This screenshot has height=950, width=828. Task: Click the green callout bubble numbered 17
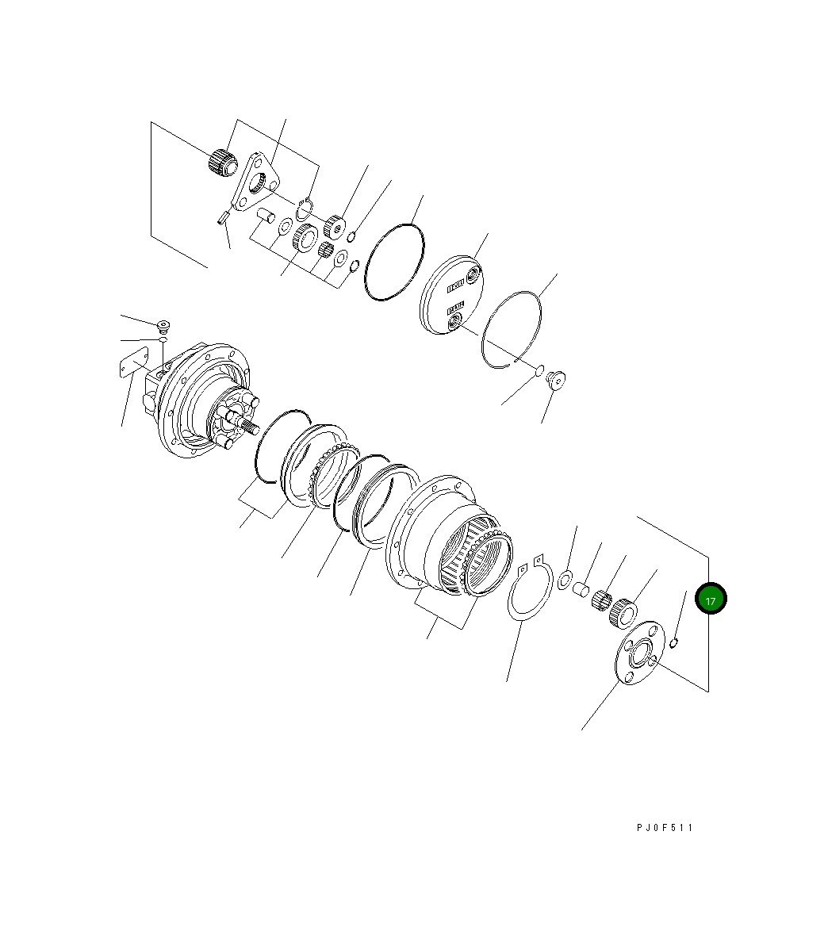pyautogui.click(x=710, y=600)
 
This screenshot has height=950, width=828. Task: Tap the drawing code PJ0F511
pyautogui.click(x=665, y=828)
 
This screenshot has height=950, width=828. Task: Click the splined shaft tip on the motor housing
pyautogui.click(x=252, y=429)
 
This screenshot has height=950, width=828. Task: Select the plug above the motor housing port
pyautogui.click(x=164, y=325)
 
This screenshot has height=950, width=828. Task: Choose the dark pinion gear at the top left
pyautogui.click(x=223, y=162)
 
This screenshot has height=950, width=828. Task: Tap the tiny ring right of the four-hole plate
pyautogui.click(x=674, y=642)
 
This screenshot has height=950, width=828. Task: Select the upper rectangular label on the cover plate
pyautogui.click(x=455, y=283)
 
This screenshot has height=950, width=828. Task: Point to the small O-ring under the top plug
pyautogui.click(x=162, y=339)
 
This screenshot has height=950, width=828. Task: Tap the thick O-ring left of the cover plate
pyautogui.click(x=394, y=262)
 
